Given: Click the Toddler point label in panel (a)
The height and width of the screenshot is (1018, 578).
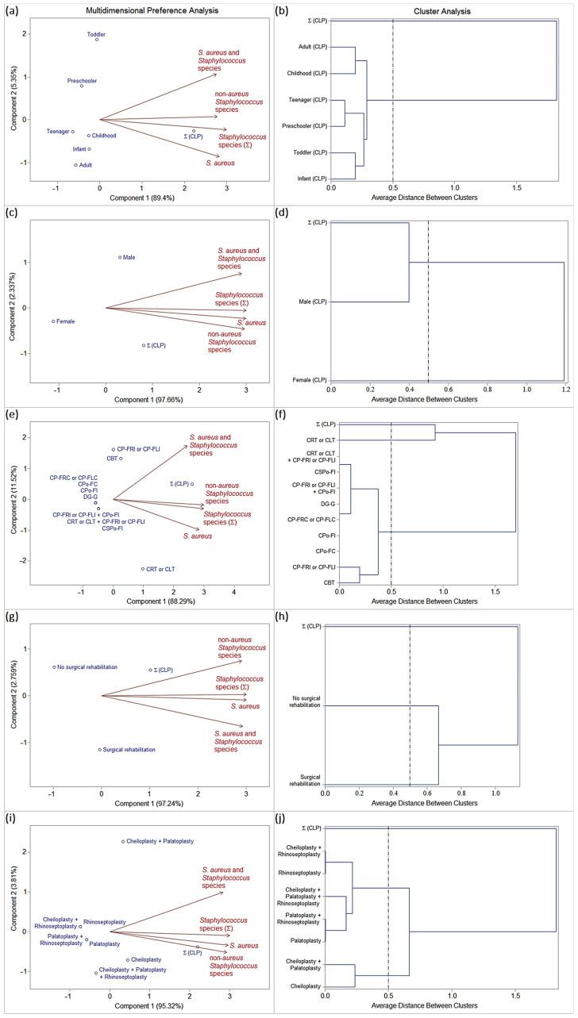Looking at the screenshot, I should point(96,35).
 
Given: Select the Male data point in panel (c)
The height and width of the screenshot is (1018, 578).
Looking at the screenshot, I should point(120,257).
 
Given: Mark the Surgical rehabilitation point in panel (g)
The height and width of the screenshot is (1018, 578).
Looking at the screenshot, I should point(100,750).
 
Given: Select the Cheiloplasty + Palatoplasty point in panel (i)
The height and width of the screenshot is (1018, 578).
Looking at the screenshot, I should point(123,841).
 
